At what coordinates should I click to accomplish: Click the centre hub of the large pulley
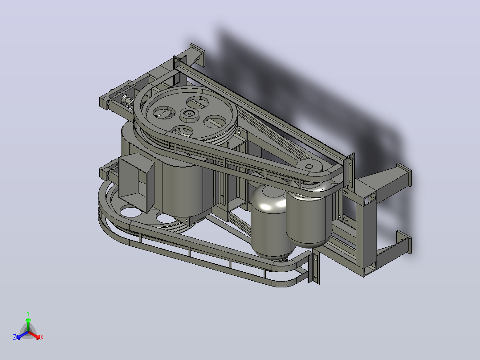[189, 114]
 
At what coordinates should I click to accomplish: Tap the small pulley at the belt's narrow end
[309, 167]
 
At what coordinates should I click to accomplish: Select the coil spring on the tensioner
[128, 101]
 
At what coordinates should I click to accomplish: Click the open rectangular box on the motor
[136, 182]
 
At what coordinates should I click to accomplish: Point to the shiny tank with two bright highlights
[269, 221]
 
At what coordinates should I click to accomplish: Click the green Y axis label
[28, 314]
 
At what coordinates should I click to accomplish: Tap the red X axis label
[42, 337]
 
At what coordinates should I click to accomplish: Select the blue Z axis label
[15, 337]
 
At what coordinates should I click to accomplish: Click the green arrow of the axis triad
[28, 324]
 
